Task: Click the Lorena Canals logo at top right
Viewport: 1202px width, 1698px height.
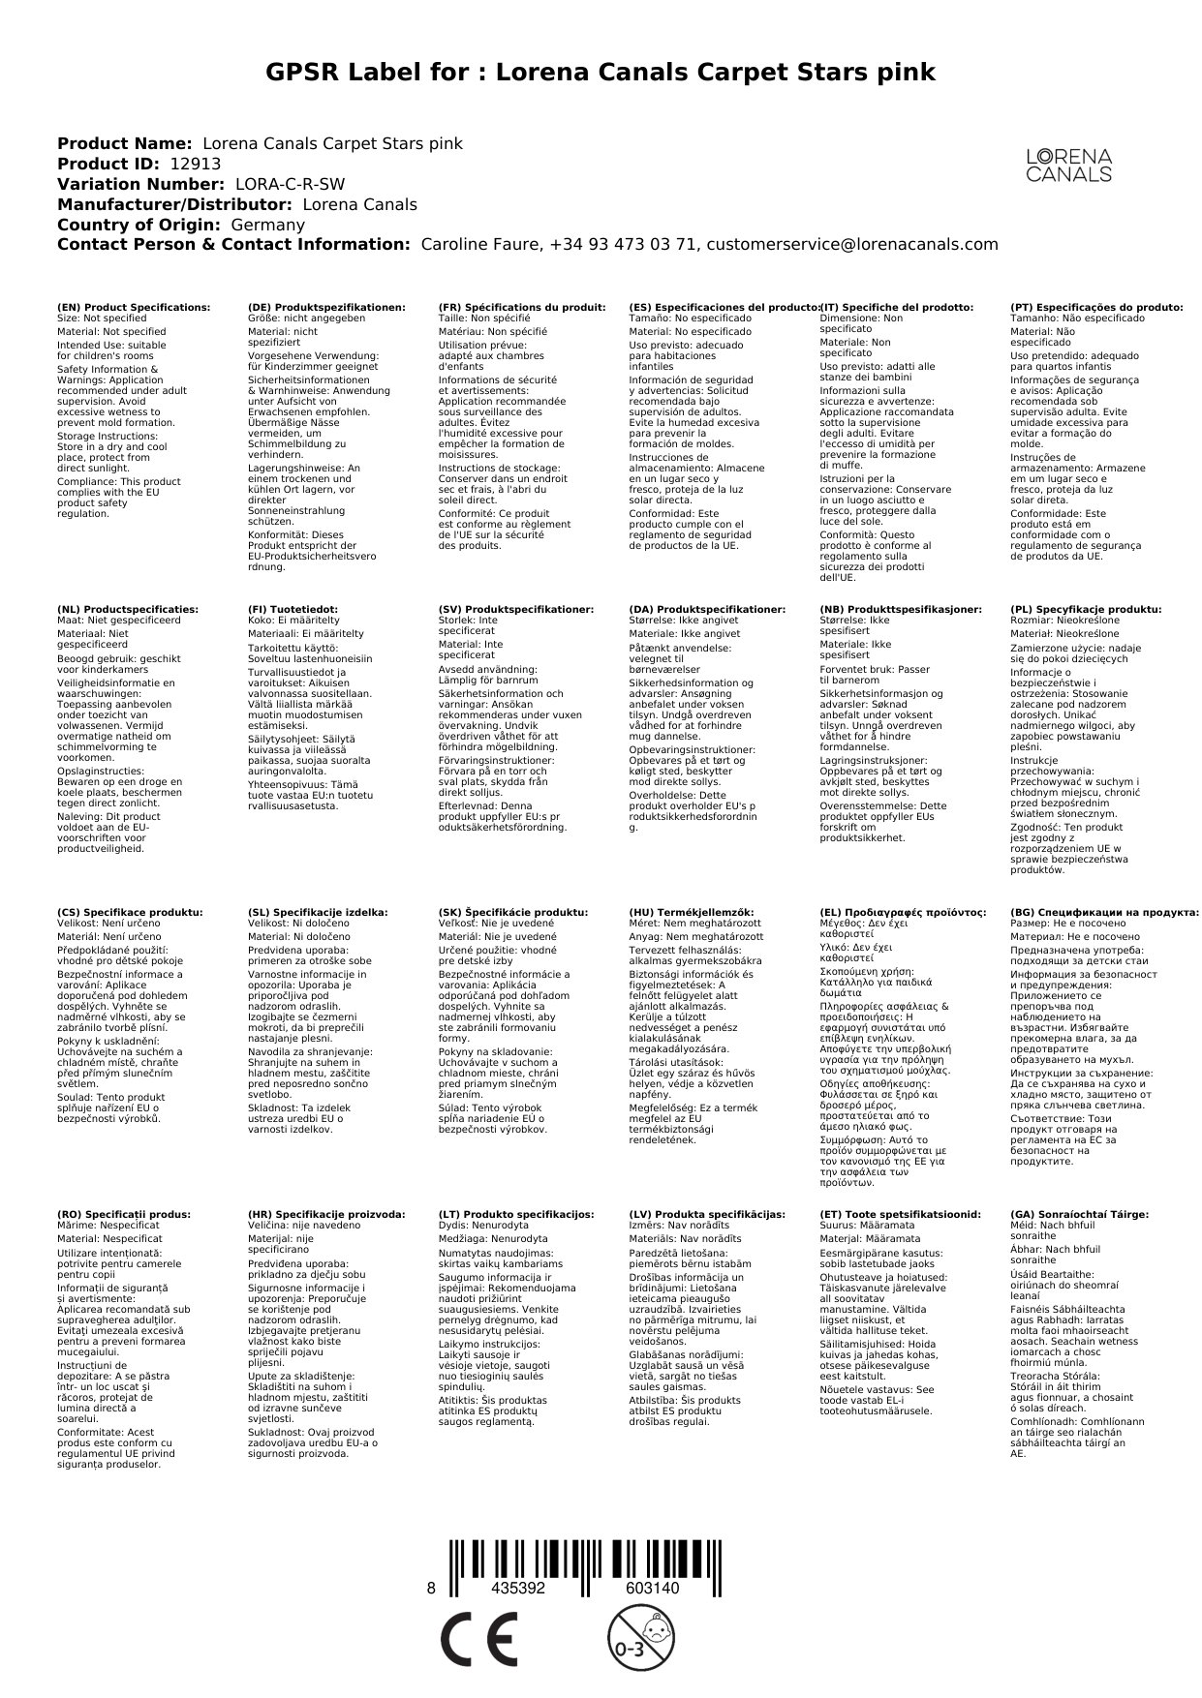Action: pyautogui.click(x=1068, y=166)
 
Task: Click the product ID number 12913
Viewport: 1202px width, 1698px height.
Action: pyautogui.click(x=195, y=165)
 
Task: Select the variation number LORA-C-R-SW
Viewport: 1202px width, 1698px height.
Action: pyautogui.click(x=290, y=185)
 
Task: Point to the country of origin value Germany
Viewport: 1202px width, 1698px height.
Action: pyautogui.click(x=267, y=226)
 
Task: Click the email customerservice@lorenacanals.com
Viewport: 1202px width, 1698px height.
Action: pyautogui.click(x=852, y=245)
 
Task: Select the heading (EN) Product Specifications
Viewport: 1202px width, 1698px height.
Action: pyautogui.click(x=134, y=308)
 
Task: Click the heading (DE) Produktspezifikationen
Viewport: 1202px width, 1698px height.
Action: pyautogui.click(x=326, y=308)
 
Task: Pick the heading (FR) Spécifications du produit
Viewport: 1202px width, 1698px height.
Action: pyautogui.click(x=522, y=308)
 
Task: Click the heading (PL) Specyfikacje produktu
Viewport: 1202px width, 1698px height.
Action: pyautogui.click(x=1086, y=610)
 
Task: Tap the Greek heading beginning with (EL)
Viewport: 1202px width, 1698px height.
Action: pyautogui.click(x=903, y=913)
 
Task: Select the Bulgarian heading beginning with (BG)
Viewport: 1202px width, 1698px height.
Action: pyautogui.click(x=1104, y=913)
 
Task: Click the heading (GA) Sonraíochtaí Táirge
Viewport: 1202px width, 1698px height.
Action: pyautogui.click(x=1079, y=1215)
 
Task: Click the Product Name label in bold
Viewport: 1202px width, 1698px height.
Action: pyautogui.click(x=124, y=144)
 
